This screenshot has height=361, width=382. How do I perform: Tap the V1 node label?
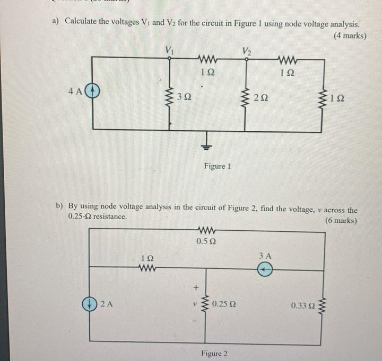(169, 50)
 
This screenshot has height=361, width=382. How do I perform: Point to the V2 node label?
(246, 51)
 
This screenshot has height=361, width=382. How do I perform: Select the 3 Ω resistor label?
(185, 97)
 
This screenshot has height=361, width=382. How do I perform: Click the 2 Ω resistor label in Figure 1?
(261, 97)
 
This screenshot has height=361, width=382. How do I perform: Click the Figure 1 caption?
(217, 166)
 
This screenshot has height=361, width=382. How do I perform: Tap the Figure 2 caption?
(214, 353)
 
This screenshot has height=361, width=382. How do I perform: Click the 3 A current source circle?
(265, 270)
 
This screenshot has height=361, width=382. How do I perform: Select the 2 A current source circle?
(89, 304)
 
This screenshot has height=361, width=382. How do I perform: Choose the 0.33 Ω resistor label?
(302, 305)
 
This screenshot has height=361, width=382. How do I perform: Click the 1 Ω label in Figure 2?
(146, 258)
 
